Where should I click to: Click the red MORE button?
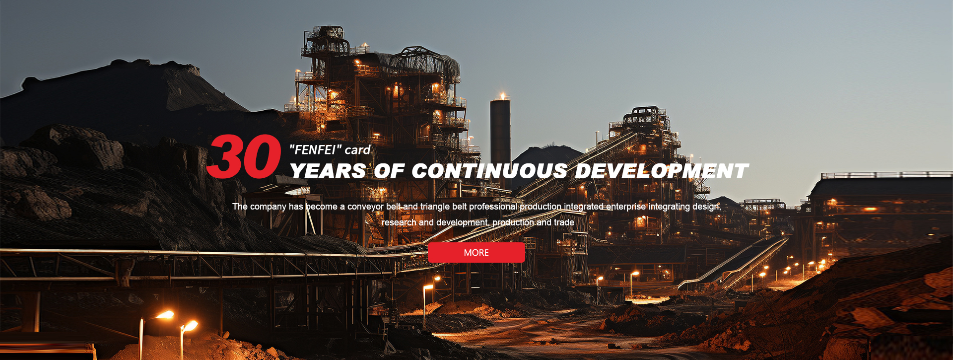[476, 252]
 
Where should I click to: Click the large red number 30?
[244, 156]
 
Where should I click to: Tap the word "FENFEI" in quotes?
[315, 149]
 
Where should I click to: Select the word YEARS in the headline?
[328, 171]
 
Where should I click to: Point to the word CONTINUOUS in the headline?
[489, 171]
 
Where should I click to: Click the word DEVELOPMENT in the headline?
[662, 171]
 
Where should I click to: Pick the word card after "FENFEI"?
[358, 150]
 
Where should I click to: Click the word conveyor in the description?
[365, 207]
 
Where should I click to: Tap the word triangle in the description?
[435, 207]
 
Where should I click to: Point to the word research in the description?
[399, 222]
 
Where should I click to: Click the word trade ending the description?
[564, 222]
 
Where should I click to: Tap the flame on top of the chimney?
[503, 95]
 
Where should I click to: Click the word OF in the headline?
[389, 171]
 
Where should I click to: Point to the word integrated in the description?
[584, 207]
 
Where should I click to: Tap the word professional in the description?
[493, 207]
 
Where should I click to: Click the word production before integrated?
[541, 207]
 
